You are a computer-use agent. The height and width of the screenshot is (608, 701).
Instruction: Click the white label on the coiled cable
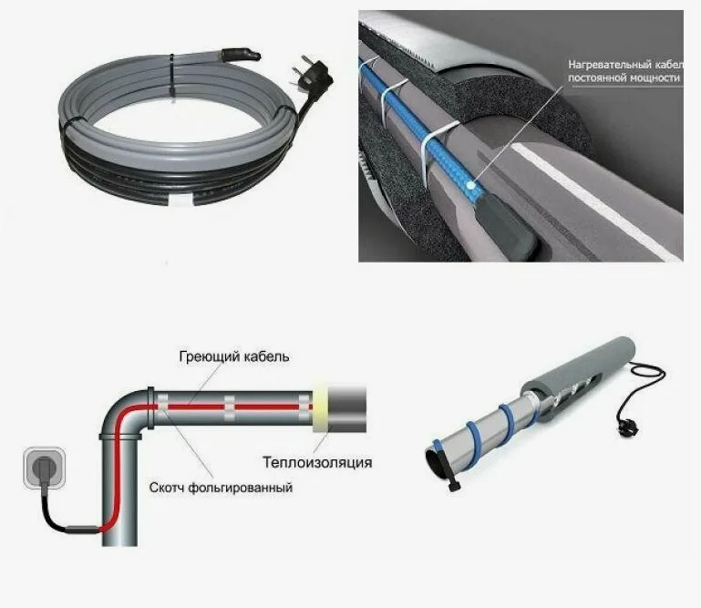point(182,201)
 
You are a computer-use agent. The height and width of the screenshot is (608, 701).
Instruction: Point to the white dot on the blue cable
point(469,185)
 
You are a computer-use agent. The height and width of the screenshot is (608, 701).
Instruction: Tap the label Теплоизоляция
point(317,462)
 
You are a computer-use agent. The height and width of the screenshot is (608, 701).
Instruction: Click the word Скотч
point(166,488)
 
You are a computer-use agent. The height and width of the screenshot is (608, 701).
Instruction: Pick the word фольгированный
point(240,488)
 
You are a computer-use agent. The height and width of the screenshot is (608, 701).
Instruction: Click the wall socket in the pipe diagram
point(45,468)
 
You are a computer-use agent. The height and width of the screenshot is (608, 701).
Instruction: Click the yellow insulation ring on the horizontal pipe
point(321,407)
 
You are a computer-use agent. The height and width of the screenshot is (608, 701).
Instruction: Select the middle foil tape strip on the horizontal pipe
point(230,407)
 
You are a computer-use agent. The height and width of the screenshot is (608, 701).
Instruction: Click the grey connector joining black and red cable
point(82,530)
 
